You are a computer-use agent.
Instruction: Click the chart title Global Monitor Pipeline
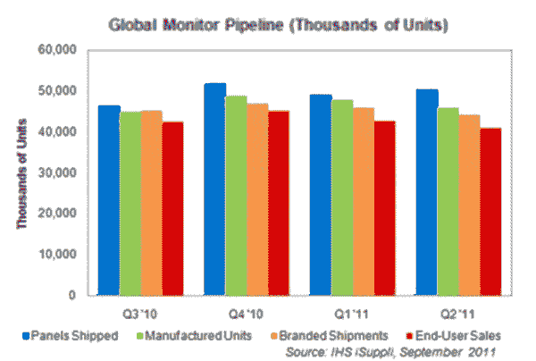click(x=267, y=18)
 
